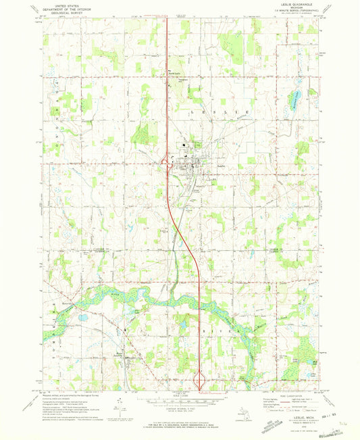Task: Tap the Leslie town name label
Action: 221,163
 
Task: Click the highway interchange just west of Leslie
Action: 165,161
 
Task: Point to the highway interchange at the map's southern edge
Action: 200,381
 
